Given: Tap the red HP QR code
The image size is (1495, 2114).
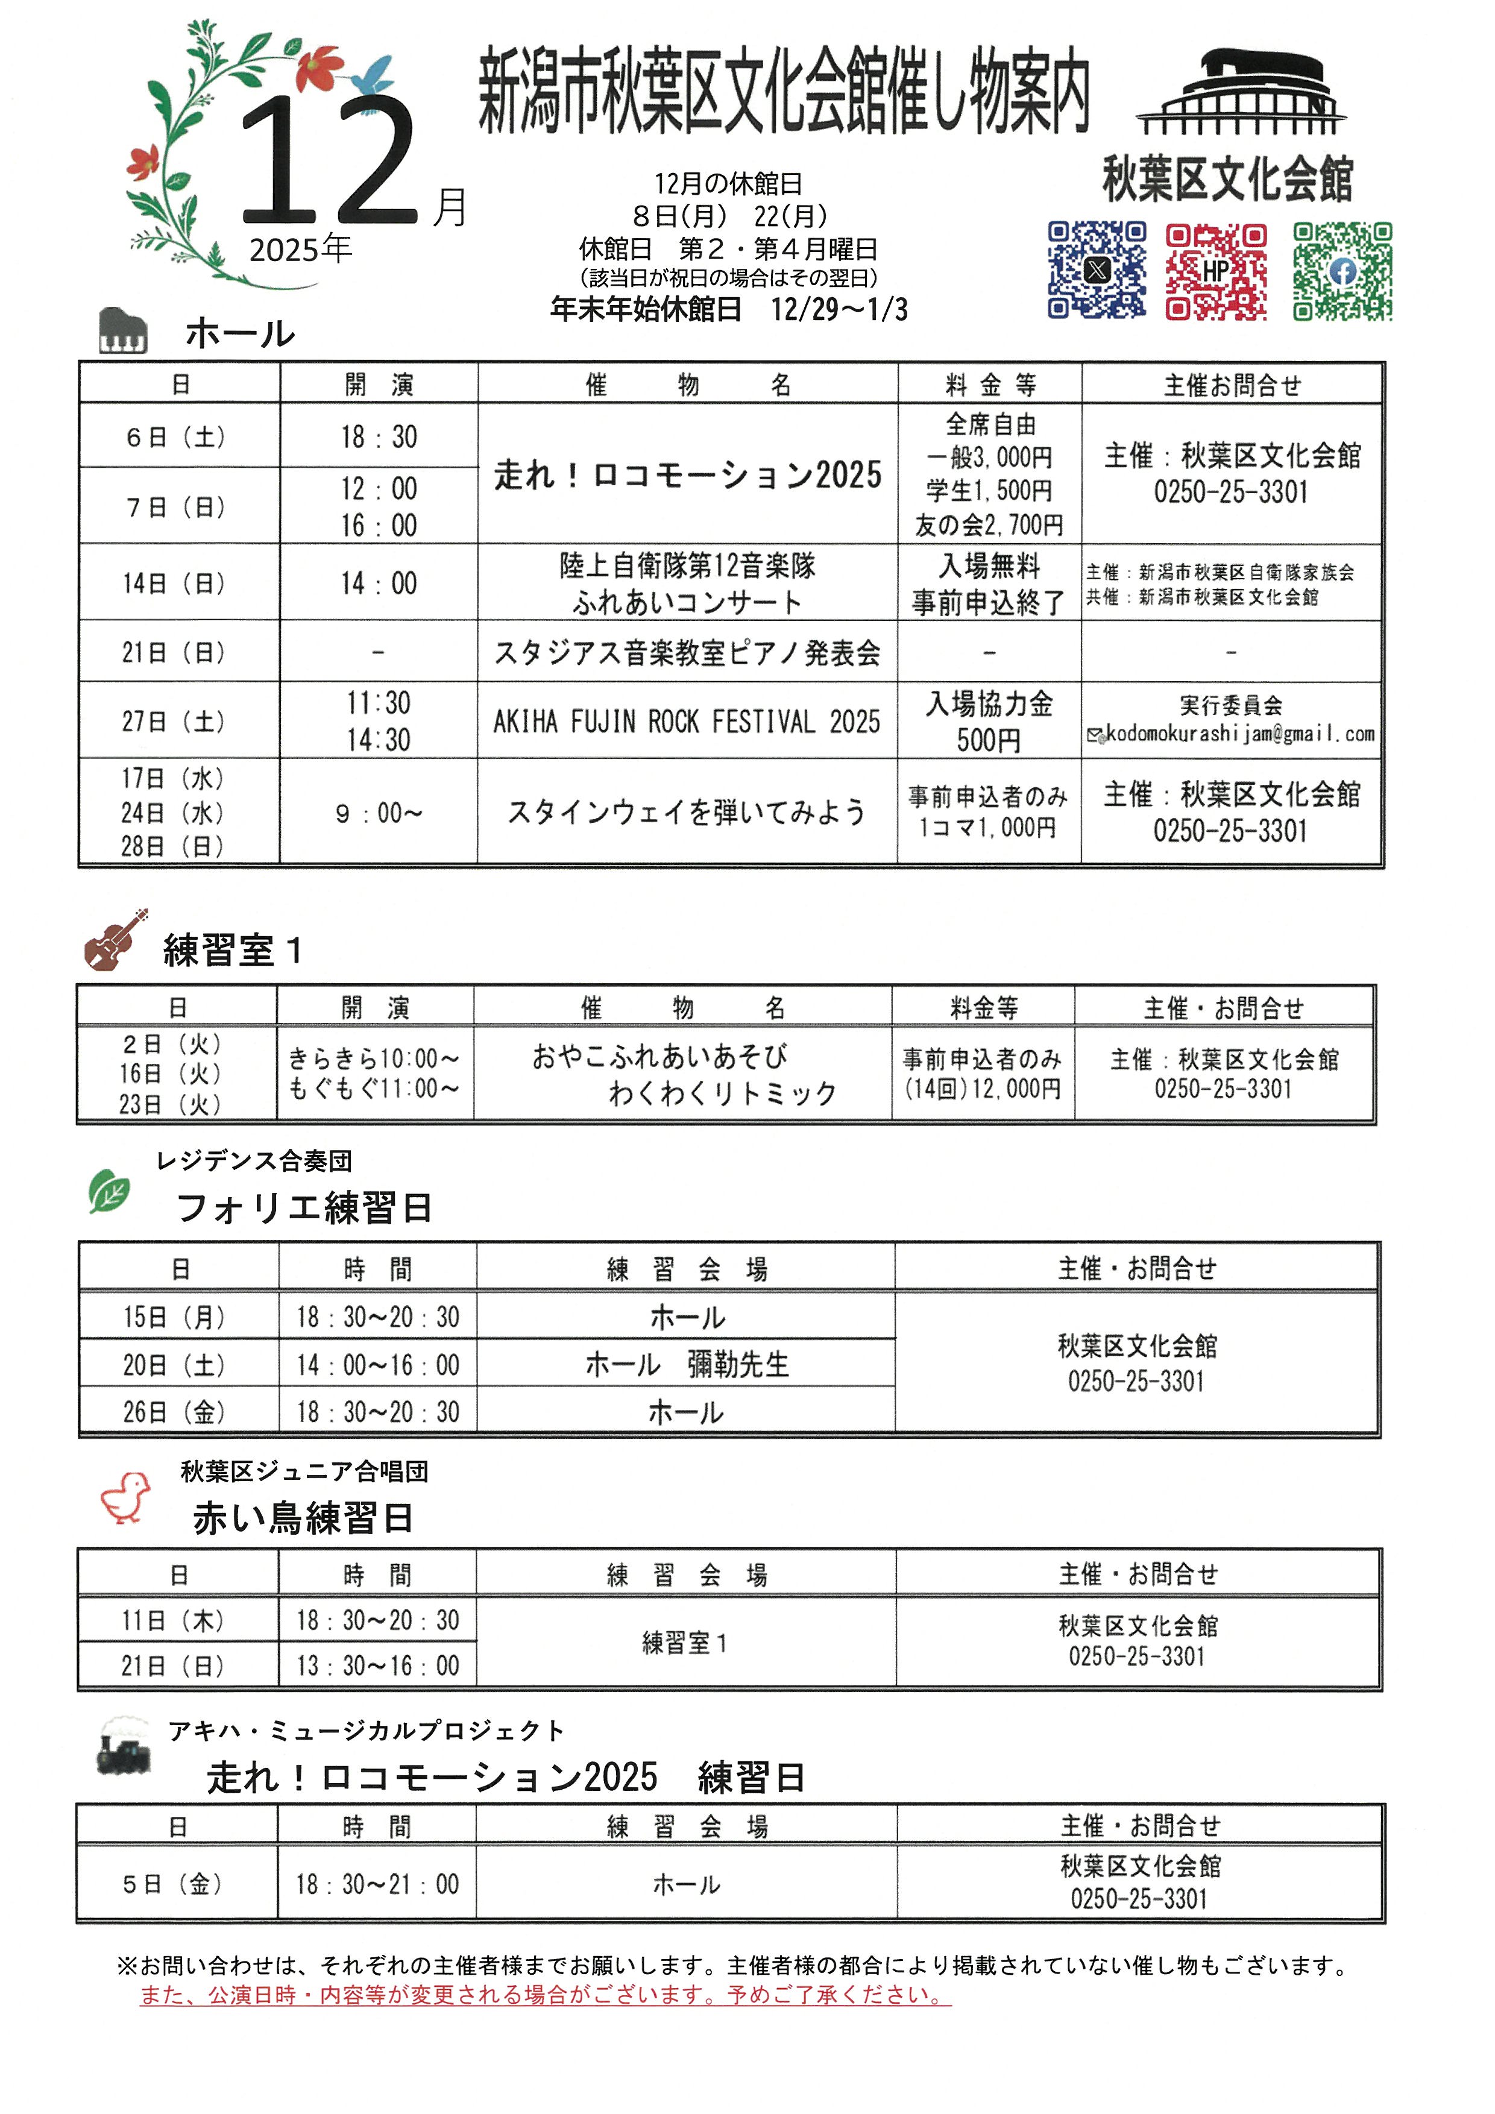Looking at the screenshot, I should point(1215,271).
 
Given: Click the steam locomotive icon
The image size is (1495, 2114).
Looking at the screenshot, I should point(124,1744).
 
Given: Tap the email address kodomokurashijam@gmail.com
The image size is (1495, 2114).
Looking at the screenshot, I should point(1239,734).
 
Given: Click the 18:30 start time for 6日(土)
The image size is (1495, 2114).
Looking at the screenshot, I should point(379,436).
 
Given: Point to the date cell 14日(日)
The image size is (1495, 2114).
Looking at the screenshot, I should point(174,583).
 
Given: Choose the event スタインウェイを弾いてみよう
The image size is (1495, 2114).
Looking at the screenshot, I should point(687,812).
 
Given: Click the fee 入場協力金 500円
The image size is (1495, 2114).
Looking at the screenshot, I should point(989,721).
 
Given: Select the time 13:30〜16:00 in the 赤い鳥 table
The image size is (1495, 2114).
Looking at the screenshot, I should point(377,1665).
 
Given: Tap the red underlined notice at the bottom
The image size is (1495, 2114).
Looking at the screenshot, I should point(545,1995).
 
